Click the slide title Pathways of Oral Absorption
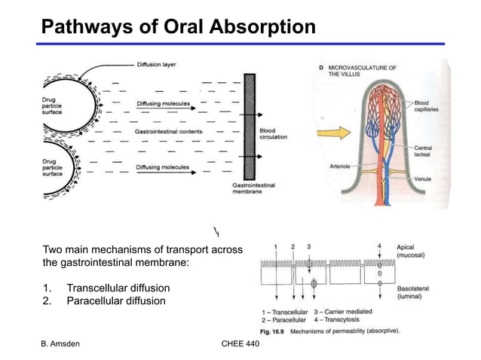(178, 27)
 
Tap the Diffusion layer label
(160, 65)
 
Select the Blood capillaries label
(426, 105)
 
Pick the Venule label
(423, 178)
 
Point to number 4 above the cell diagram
(380, 246)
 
